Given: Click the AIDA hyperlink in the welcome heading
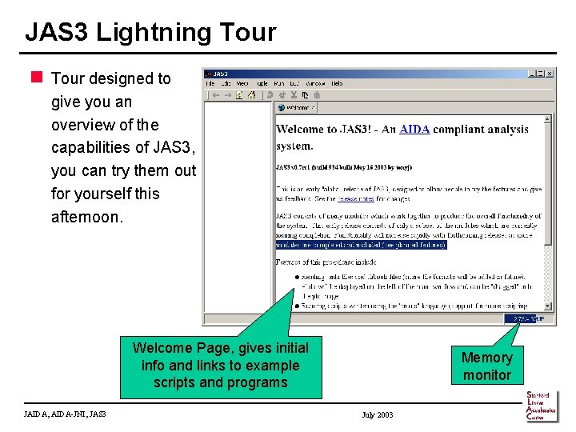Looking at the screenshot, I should point(414,130).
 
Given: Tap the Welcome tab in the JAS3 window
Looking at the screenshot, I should point(297,107).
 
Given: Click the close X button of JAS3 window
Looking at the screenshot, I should point(550,73).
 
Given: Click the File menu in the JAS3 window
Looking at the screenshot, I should point(210,83).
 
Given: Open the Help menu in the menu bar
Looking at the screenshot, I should point(337,83).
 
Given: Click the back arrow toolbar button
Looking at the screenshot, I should point(215,94).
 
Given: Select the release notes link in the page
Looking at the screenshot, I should point(356,198).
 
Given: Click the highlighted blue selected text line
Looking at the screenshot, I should point(361,246).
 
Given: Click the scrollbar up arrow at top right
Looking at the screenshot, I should point(548,119).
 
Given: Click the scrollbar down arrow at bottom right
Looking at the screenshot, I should point(548,306).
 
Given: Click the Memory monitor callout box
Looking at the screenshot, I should point(486,366).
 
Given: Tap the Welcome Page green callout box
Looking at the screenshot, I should point(220,366).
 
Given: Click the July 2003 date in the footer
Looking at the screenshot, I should point(378,414).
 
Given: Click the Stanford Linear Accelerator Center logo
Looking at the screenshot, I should point(542,406).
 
